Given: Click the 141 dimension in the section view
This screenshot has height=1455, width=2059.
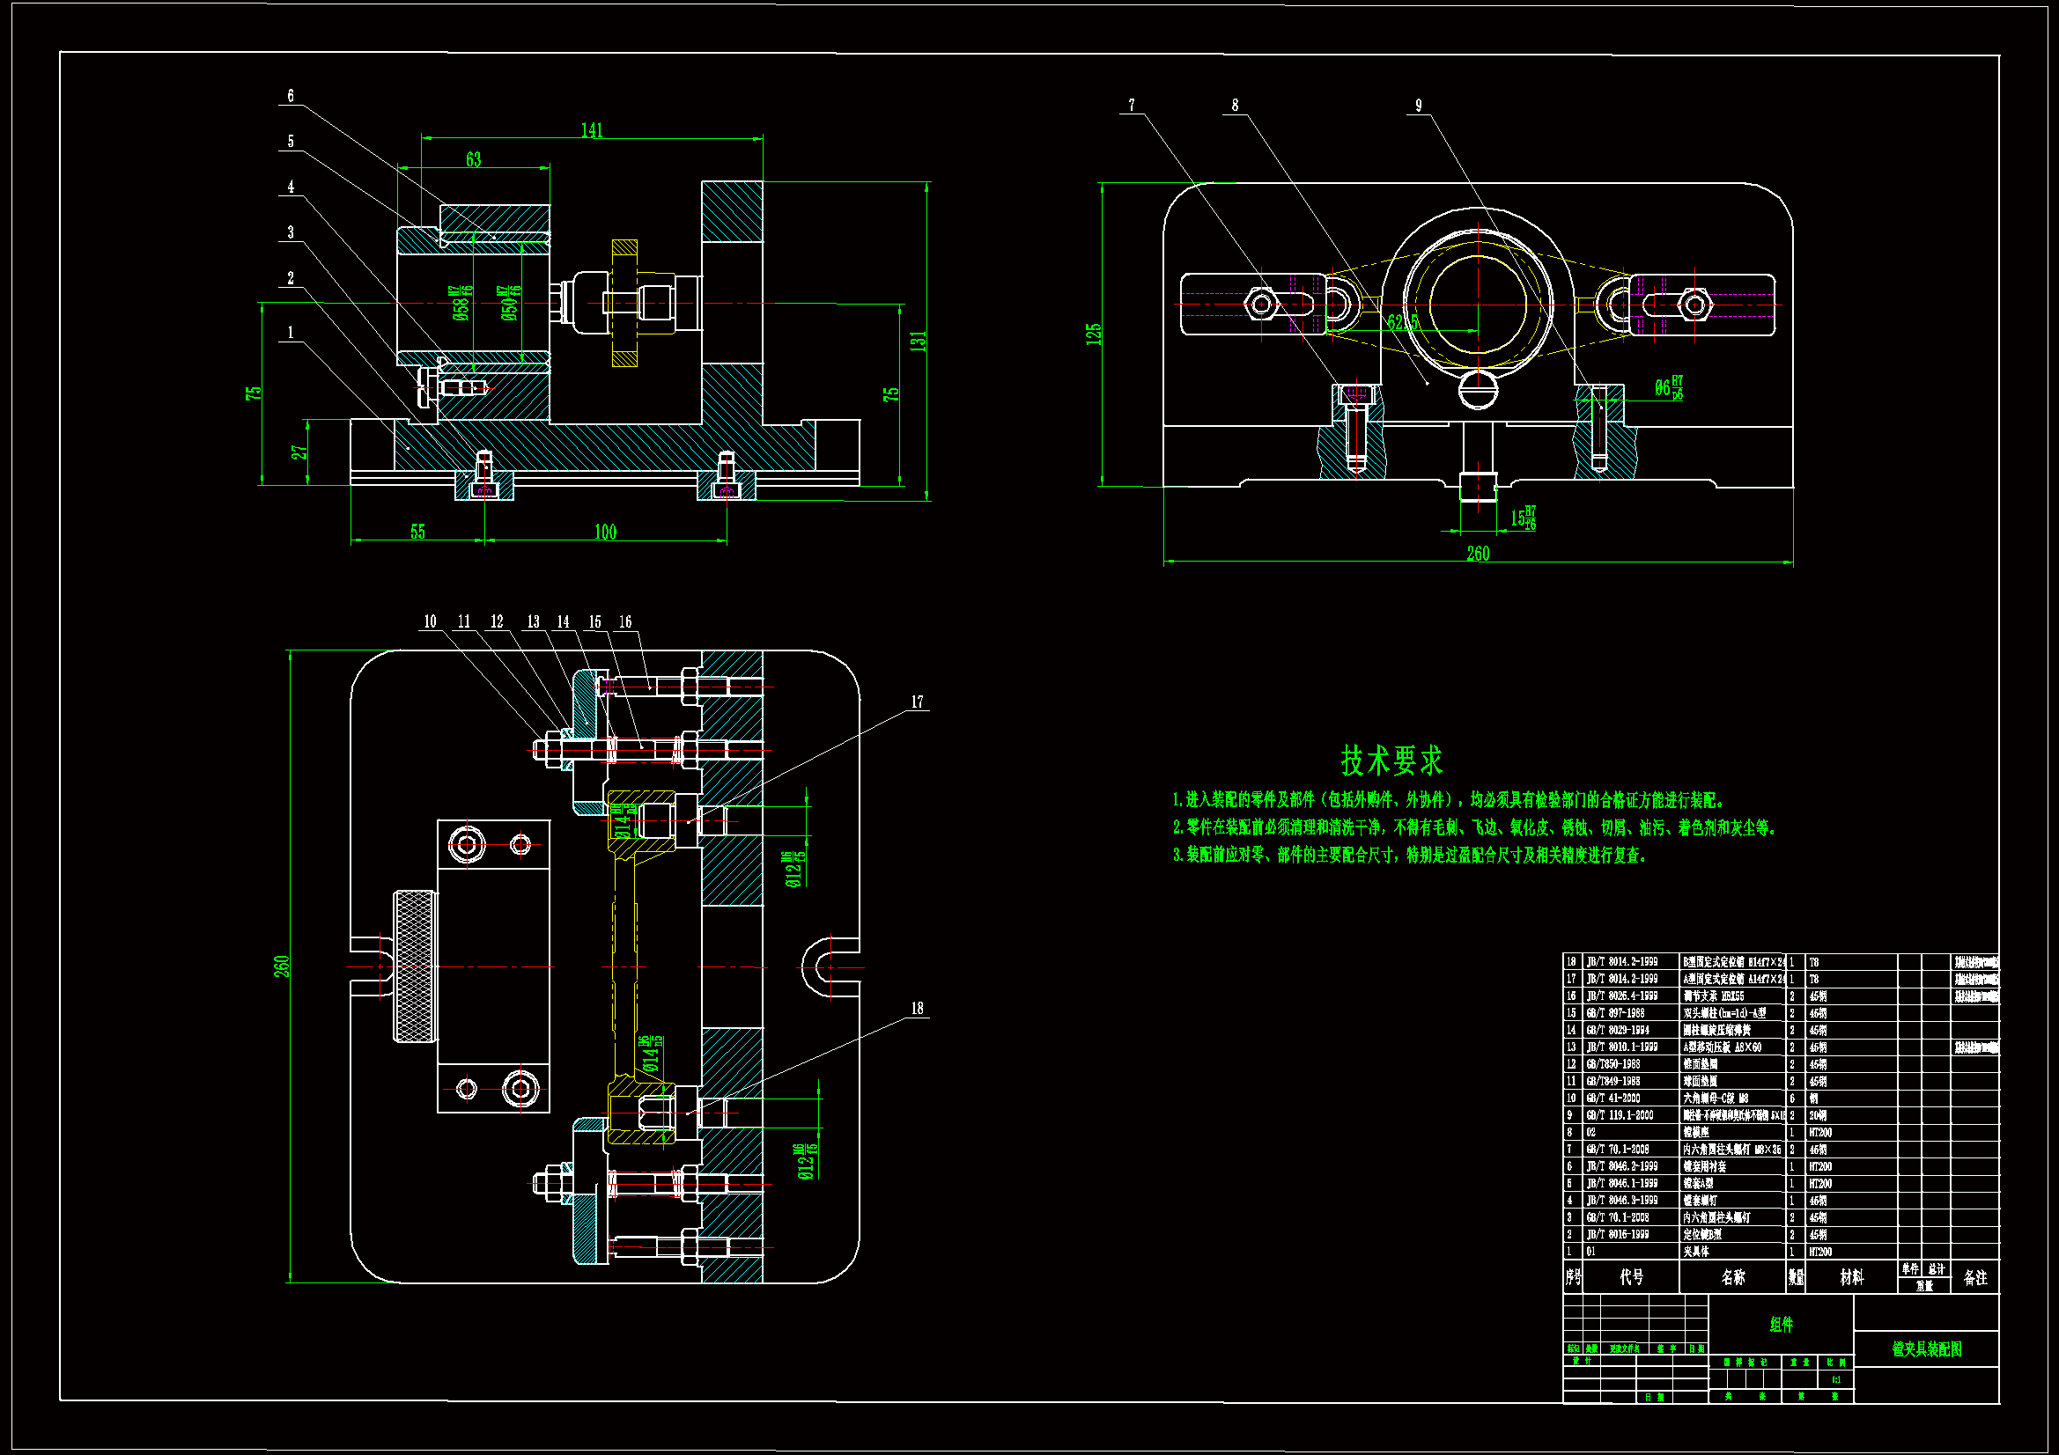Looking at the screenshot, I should pyautogui.click(x=592, y=131).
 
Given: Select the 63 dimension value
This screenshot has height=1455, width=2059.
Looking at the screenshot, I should pyautogui.click(x=474, y=159).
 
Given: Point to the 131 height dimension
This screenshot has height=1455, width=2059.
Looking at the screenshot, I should pyautogui.click(x=918, y=341).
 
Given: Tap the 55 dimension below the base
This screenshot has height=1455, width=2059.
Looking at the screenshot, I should pyautogui.click(x=418, y=532).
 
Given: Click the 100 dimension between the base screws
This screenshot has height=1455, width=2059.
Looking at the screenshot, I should pyautogui.click(x=605, y=533).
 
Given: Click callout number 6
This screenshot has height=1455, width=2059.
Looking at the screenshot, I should pyautogui.click(x=291, y=96).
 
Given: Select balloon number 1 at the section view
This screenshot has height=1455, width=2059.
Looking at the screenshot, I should pyautogui.click(x=291, y=333).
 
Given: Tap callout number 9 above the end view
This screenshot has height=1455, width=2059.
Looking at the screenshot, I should pyautogui.click(x=1419, y=105).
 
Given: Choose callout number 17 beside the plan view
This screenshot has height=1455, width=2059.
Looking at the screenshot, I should pyautogui.click(x=918, y=702).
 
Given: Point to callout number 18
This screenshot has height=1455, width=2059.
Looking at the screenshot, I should pyautogui.click(x=918, y=1009).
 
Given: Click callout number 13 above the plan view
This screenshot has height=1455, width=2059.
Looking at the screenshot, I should pyautogui.click(x=534, y=621).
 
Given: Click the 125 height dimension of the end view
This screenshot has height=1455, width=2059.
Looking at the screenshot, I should pyautogui.click(x=1093, y=334).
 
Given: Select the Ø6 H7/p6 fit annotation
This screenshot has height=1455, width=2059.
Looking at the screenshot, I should pyautogui.click(x=1668, y=387).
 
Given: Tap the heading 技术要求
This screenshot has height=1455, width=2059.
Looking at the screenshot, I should pyautogui.click(x=1391, y=761).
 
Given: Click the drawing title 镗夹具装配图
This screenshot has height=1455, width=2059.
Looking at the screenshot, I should pyautogui.click(x=1926, y=1348).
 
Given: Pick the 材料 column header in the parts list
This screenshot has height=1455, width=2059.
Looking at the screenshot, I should pyautogui.click(x=1851, y=1277).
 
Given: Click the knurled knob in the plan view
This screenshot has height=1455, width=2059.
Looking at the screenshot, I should pyautogui.click(x=414, y=966).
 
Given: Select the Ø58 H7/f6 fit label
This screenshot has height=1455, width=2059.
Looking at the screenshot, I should pyautogui.click(x=461, y=303).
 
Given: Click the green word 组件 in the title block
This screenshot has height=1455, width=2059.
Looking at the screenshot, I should pyautogui.click(x=1781, y=1324).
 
